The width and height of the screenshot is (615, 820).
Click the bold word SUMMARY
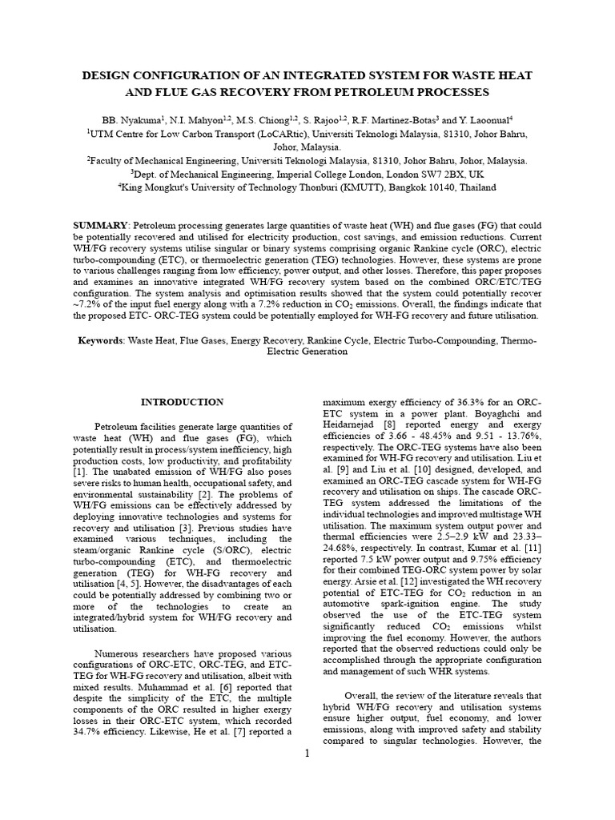tap(101, 226)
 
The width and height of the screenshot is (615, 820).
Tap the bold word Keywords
tap(99, 340)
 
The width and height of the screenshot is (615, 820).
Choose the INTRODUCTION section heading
tap(183, 401)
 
